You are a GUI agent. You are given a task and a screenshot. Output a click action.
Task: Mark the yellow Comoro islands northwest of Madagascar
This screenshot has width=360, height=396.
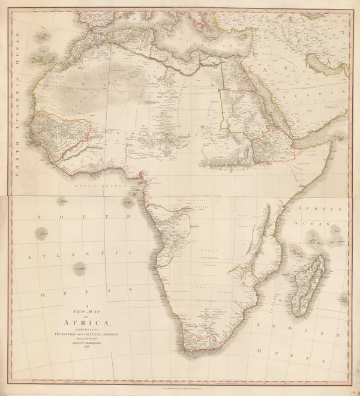[x=295, y=250]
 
